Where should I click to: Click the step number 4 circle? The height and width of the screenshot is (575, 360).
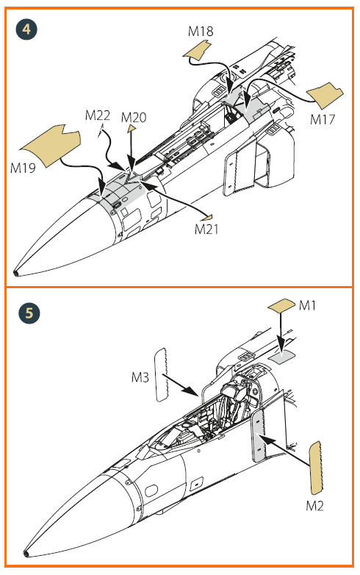[26, 29]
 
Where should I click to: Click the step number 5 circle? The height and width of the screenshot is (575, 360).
[29, 313]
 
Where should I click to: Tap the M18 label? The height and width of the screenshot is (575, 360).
[201, 32]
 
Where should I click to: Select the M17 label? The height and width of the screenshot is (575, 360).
[323, 119]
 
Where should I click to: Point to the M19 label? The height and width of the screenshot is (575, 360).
[23, 168]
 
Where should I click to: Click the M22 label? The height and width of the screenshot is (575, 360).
[98, 115]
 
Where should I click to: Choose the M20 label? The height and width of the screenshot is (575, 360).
[134, 118]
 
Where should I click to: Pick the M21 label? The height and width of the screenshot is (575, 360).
[206, 229]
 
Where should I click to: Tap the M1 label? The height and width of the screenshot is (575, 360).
[307, 305]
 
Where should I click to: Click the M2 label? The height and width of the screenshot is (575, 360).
[315, 506]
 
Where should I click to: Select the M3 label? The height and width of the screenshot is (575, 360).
[140, 377]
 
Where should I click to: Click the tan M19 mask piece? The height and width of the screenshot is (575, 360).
[51, 146]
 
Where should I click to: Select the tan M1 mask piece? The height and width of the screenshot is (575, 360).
[281, 305]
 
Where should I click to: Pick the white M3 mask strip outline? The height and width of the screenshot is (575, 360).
[161, 375]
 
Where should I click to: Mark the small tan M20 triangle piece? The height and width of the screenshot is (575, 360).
[132, 129]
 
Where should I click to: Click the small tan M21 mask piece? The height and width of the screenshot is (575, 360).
[209, 218]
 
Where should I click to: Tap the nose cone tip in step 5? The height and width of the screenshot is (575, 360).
[26, 554]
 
